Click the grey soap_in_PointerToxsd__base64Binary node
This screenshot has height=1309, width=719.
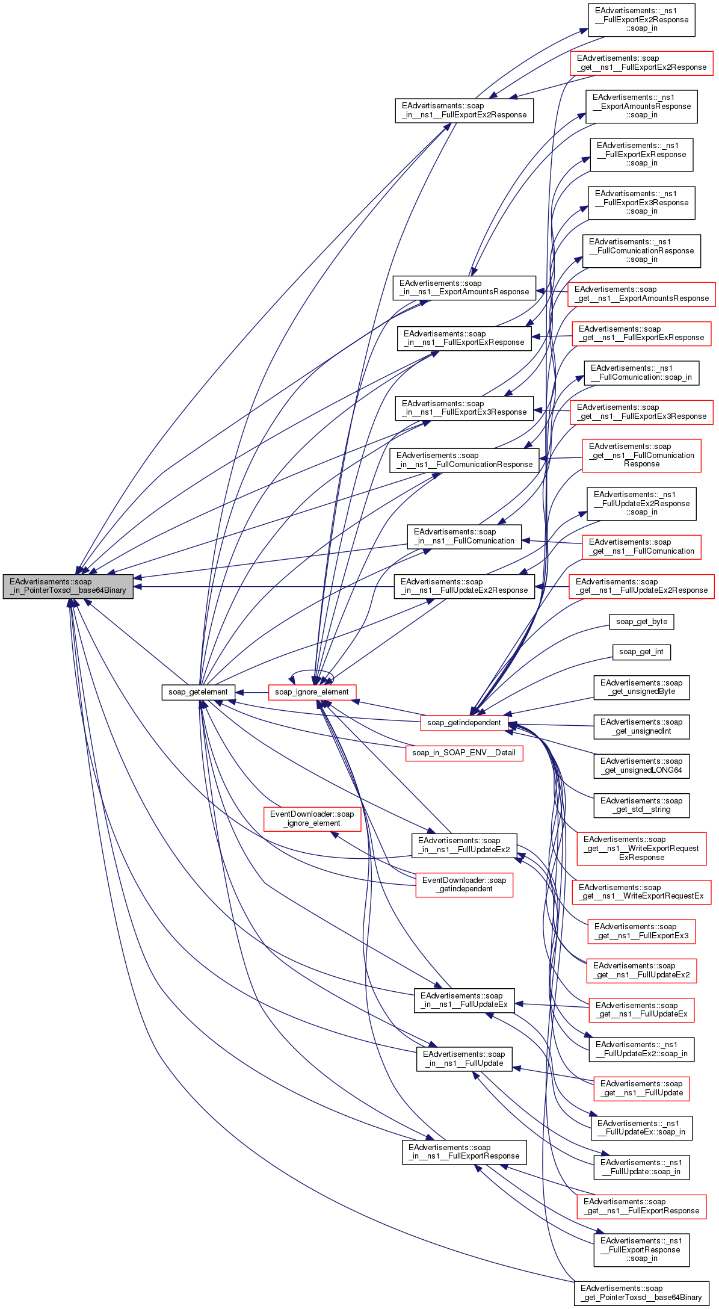[68, 586]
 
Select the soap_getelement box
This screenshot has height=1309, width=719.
[198, 692]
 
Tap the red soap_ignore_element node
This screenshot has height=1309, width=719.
[312, 692]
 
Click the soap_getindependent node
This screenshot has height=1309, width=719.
[464, 723]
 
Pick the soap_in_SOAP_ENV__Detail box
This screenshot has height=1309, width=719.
[464, 753]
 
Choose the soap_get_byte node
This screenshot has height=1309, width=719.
[641, 622]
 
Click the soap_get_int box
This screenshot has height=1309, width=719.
[641, 652]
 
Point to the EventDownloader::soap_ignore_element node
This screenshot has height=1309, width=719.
[312, 819]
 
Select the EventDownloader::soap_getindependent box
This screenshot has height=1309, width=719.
[464, 885]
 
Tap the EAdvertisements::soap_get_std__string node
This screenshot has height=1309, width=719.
[641, 805]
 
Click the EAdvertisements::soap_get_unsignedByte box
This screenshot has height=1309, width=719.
[641, 687]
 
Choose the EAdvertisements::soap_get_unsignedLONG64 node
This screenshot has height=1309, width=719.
[641, 766]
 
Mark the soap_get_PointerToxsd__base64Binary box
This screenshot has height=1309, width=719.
[641, 1293]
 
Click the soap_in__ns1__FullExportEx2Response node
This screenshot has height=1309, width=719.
[464, 110]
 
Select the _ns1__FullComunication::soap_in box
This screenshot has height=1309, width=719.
[641, 373]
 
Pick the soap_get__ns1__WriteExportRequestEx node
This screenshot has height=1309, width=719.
[641, 892]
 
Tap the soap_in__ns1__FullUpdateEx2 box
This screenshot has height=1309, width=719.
[464, 845]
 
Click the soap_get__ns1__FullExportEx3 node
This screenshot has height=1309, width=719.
[641, 931]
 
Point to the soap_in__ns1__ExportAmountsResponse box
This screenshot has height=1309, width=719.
[464, 288]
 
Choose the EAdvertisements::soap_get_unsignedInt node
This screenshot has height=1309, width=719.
[641, 726]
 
